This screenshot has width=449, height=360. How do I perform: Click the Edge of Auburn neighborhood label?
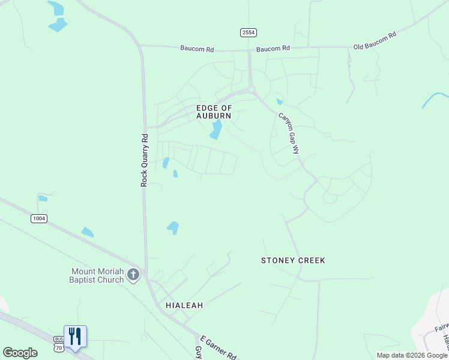tap(214, 112)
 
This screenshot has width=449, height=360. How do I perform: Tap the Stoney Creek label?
tap(293, 260)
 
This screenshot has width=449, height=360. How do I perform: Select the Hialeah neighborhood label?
tap(184, 305)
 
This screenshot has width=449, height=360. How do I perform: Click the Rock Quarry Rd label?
tap(144, 160)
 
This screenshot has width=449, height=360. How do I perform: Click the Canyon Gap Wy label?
tap(289, 133)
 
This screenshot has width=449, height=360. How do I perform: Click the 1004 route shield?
tap(39, 218)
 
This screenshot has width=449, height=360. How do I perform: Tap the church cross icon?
tap(133, 275)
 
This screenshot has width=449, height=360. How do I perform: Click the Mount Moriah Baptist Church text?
tap(97, 275)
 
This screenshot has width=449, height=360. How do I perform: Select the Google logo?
tap(20, 353)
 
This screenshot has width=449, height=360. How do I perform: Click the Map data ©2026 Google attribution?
tap(412, 355)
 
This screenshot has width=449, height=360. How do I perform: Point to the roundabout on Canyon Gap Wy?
tap(252, 90)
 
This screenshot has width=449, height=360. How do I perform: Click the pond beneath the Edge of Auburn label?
tap(216, 130)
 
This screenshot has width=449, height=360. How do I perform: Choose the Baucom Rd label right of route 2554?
tap(273, 48)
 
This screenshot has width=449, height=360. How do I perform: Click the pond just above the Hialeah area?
tap(173, 227)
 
